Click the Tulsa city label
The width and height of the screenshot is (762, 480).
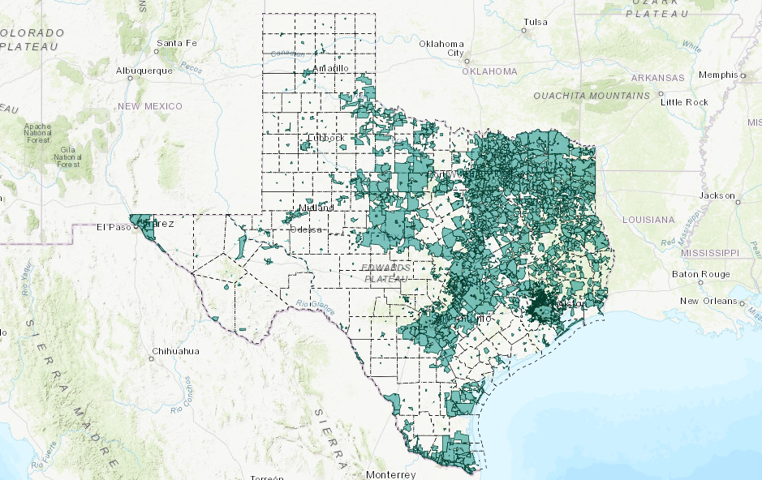(x=536, y=22)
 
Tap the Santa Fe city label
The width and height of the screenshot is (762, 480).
(x=177, y=43)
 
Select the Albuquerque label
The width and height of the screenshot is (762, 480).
(x=144, y=71)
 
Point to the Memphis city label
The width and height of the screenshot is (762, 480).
(x=718, y=75)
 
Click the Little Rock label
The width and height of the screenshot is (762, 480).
(x=685, y=102)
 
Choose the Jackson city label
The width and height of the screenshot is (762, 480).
(x=718, y=196)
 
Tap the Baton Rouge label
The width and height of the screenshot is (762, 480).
(x=700, y=274)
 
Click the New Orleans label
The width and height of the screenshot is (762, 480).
(x=708, y=302)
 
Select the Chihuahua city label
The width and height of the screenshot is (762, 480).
(x=175, y=352)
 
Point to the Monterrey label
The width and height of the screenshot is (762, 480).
(x=391, y=474)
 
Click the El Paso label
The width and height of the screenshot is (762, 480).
(x=114, y=227)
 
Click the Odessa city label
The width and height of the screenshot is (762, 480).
(x=308, y=229)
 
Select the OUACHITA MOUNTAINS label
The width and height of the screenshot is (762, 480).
(x=592, y=96)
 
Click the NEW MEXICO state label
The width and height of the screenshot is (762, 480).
(x=150, y=106)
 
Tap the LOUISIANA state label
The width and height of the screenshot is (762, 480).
(x=648, y=220)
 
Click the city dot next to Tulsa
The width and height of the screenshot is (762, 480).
(x=523, y=31)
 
